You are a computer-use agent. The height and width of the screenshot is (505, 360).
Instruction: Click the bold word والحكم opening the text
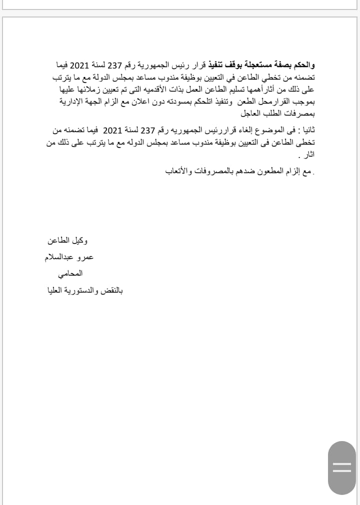(x=304, y=65)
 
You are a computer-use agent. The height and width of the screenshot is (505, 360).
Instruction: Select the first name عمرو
(x=84, y=257)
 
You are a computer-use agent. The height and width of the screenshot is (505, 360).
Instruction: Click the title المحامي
(x=70, y=273)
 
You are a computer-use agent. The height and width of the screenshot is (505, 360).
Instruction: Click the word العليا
(x=56, y=290)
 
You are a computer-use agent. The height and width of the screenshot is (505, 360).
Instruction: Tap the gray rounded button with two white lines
(x=342, y=467)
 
